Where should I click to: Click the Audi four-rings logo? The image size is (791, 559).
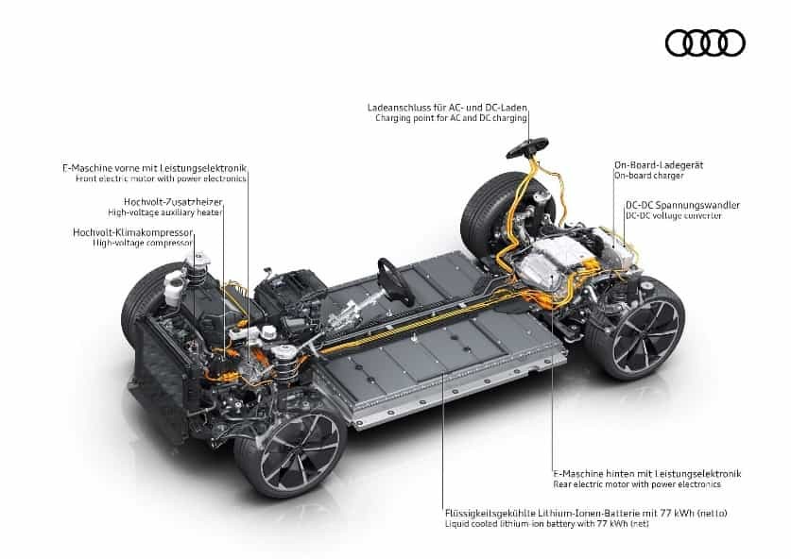705,42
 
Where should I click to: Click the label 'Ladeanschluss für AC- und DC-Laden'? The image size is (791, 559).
447,108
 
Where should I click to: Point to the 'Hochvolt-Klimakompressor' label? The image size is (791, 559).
133,232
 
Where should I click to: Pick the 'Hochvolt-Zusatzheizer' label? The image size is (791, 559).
173,202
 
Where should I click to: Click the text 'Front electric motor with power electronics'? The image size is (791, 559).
161,178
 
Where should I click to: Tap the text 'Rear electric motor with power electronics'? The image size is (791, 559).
637,484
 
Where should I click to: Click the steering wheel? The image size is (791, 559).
394,281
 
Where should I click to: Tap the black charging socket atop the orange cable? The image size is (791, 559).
527,147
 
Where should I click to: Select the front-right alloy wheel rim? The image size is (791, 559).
300,453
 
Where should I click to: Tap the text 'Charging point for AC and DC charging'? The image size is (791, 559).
451,118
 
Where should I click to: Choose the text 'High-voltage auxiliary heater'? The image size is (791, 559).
165,212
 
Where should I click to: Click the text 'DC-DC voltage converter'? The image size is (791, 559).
674,215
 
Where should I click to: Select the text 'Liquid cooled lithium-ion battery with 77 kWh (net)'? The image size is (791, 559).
547,524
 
